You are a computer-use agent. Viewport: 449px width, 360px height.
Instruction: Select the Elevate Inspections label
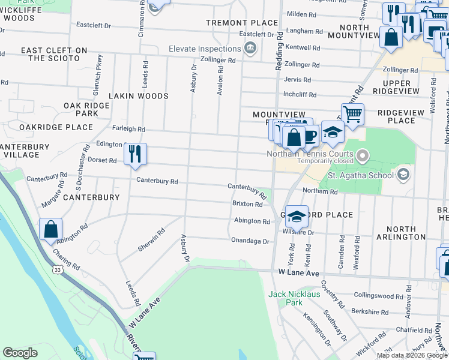point(204,48)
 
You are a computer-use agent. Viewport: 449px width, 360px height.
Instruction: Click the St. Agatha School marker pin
point(404,175)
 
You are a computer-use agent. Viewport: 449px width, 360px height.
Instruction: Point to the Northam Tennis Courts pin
point(362,157)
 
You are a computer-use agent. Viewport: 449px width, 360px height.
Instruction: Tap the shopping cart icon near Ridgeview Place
point(352,113)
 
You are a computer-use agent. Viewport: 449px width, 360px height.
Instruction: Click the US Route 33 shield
point(56,271)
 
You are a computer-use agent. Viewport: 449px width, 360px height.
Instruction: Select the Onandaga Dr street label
point(250,241)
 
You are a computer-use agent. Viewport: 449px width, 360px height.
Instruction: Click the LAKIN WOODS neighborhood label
point(139,95)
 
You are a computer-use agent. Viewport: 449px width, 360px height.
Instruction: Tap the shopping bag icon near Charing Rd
point(50,230)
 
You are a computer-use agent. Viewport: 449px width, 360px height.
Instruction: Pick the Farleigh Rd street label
point(129,129)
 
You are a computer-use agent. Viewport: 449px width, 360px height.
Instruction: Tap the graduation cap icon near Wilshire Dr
point(297,217)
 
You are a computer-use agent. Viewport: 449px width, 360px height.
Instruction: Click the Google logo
point(20,353)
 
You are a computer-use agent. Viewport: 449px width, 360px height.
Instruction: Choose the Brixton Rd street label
point(247,204)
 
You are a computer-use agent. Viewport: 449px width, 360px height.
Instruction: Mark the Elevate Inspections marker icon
point(251,48)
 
